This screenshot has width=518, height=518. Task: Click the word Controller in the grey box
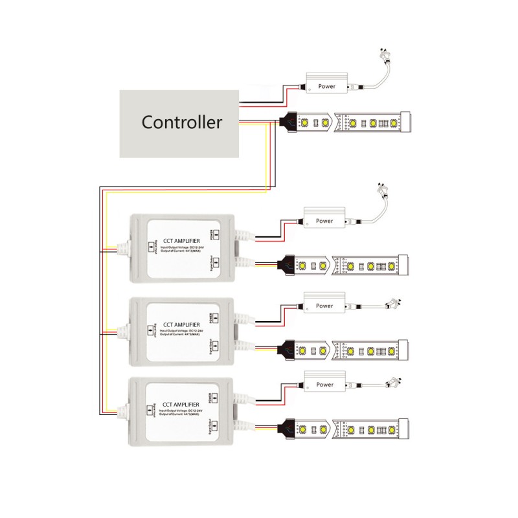coord(182,122)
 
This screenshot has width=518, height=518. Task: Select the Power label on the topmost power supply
coord(326,86)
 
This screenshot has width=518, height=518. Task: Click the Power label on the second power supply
coord(325,221)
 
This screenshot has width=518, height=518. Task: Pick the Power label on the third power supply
coord(325,306)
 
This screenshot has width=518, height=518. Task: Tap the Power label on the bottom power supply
coord(325,385)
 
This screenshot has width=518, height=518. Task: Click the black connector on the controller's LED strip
coord(287,120)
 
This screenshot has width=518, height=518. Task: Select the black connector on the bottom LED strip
coord(286,428)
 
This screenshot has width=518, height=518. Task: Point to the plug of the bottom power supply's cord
coord(394,381)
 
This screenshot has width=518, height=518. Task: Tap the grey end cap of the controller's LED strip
coord(406,120)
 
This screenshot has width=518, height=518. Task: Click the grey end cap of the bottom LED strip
coord(403,428)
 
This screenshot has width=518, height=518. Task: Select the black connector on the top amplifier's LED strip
coord(286,265)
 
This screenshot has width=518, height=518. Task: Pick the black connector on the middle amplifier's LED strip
coord(286,350)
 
